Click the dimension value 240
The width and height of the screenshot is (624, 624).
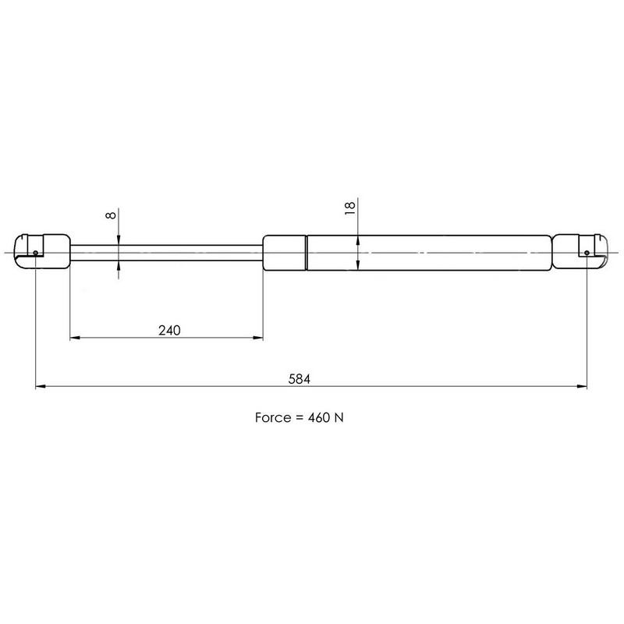coord(169,330)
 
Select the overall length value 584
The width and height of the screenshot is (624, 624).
coord(300,379)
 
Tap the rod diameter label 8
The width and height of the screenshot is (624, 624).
coord(111,215)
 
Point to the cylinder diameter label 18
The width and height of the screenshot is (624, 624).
coord(349,208)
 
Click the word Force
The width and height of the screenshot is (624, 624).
coord(273,417)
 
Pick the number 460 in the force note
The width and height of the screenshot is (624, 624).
coord(319,417)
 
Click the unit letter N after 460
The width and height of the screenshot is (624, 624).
coord(339,417)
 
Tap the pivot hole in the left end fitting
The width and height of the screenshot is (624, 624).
coord(35,253)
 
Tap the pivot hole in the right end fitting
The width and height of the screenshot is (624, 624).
coord(587,253)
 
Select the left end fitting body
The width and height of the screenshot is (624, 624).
coord(43,252)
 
